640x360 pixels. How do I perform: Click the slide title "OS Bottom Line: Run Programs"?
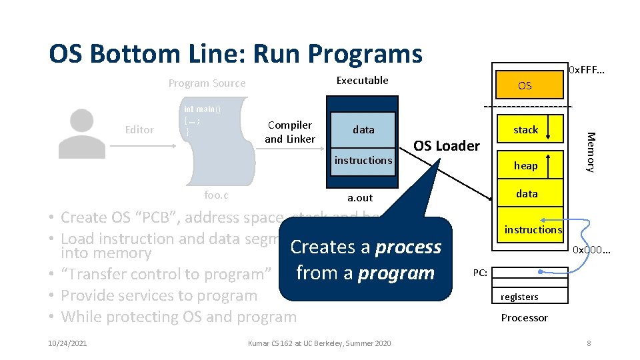pos(235,53)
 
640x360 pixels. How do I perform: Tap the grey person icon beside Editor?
pos(81,133)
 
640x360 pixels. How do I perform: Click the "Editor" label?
pos(139,130)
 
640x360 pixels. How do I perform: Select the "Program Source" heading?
pos(207,83)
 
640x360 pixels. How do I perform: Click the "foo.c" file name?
pos(215,195)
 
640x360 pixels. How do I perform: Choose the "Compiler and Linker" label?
pos(289,132)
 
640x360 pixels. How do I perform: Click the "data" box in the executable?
pos(363,130)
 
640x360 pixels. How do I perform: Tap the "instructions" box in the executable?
pos(363,160)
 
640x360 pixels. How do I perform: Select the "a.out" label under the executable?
pos(361,198)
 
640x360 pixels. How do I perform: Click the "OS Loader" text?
pos(447,146)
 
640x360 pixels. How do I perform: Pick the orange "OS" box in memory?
pos(525,86)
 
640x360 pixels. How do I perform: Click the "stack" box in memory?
pos(525,130)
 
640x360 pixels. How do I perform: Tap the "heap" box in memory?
pos(525,165)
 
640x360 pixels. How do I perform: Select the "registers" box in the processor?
pos(519,296)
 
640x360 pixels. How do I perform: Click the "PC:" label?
pos(481,272)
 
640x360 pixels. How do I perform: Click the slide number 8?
pos(588,343)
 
